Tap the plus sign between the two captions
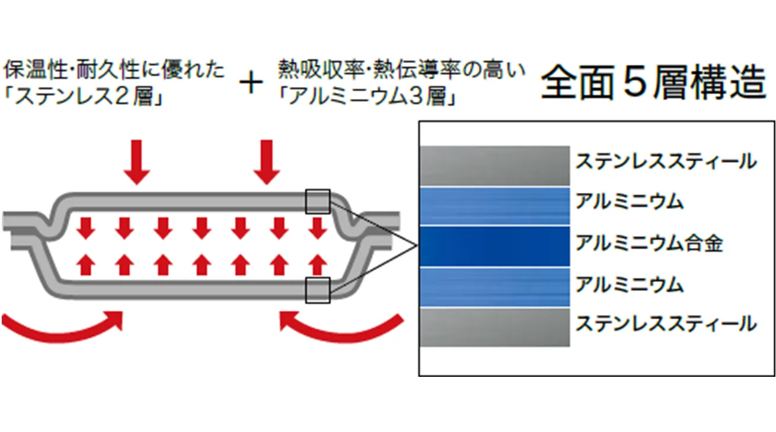point(251,84)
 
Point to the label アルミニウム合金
point(649,243)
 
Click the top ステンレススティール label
point(666,161)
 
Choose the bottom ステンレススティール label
point(666,324)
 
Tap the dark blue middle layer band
point(494,246)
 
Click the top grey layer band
point(494,165)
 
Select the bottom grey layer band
point(494,327)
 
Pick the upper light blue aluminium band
point(494,205)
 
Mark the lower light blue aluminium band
point(494,287)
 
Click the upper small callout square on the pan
point(317,201)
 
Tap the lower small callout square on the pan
point(317,290)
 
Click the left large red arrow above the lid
point(137,161)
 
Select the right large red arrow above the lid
point(266,161)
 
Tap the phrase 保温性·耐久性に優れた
point(114,71)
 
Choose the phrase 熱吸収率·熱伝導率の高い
point(401,71)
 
